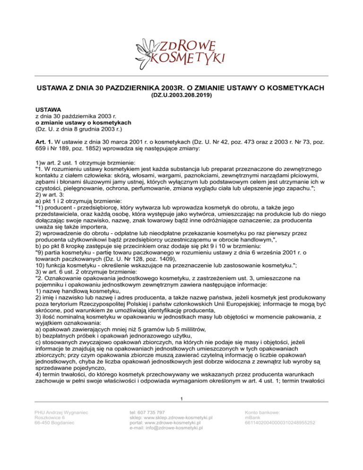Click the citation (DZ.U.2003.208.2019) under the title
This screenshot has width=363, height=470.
[x=181, y=95]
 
